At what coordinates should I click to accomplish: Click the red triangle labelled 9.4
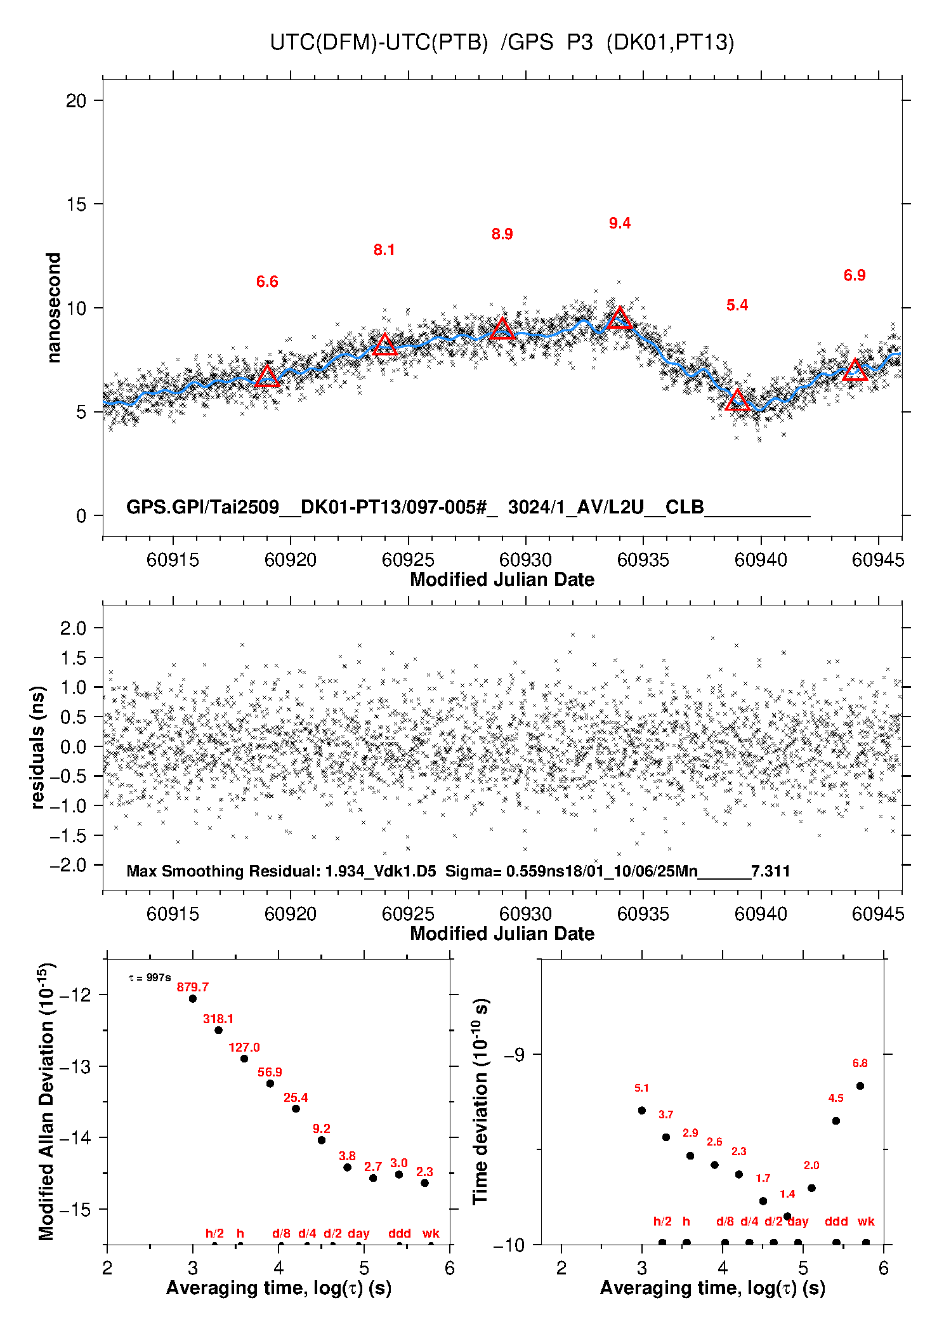point(619,318)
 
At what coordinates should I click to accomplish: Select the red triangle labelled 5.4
point(737,400)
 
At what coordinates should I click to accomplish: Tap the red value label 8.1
point(384,250)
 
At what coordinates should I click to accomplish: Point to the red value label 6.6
point(267,282)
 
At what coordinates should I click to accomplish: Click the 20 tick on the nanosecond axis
point(76,100)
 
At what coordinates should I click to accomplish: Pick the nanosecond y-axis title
point(54,308)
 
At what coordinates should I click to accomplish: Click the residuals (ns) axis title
point(38,747)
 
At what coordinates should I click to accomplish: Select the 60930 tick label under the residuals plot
point(525,914)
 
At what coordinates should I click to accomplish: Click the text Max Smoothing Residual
point(223,871)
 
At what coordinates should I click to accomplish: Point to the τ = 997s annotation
point(150,978)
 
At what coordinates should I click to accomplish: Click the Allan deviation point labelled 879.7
point(193,998)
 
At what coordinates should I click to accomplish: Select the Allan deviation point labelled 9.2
point(322,1140)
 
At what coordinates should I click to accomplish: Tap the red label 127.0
point(244,1047)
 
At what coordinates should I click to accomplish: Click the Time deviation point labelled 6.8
point(860,1086)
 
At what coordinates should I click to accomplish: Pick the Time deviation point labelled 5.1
point(642,1110)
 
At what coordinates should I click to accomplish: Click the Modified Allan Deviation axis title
point(46,1101)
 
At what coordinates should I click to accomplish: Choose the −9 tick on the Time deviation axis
point(514,1054)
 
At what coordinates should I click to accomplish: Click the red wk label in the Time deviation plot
point(866,1221)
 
